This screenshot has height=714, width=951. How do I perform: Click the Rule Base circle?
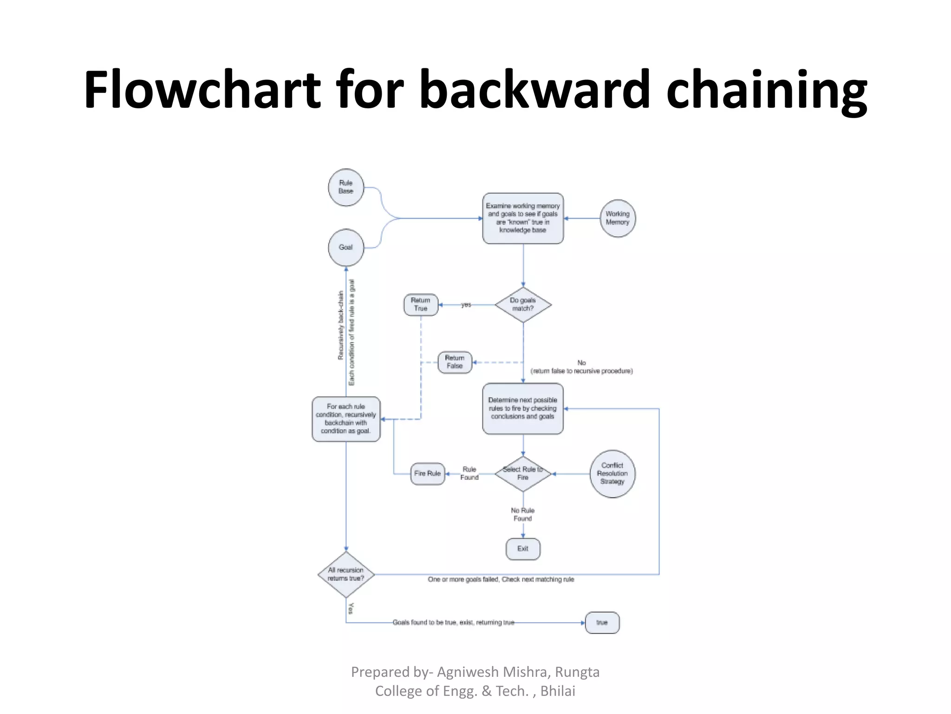(x=345, y=187)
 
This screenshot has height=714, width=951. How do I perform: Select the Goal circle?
(x=345, y=247)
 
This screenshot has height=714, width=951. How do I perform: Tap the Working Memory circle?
(x=617, y=218)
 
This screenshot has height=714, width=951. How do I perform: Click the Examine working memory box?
(x=523, y=218)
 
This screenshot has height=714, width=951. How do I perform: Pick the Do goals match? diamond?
(x=523, y=304)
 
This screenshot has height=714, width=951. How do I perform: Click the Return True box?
(x=421, y=304)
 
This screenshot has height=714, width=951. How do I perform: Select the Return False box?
(x=455, y=362)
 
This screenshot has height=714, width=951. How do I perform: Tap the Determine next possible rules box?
(x=523, y=409)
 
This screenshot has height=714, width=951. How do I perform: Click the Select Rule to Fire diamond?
(x=523, y=474)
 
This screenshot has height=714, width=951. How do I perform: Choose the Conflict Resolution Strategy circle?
(x=612, y=474)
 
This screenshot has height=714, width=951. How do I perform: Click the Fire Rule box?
(x=427, y=474)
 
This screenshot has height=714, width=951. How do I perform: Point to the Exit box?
(x=523, y=549)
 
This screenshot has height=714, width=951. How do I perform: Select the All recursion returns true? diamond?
(x=346, y=575)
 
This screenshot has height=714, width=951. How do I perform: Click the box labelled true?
(x=602, y=622)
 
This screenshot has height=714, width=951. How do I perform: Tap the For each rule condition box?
(x=346, y=419)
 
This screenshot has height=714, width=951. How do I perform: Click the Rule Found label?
(x=469, y=473)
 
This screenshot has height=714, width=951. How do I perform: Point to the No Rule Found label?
(x=522, y=514)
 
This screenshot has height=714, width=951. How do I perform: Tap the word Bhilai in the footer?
(x=558, y=691)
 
